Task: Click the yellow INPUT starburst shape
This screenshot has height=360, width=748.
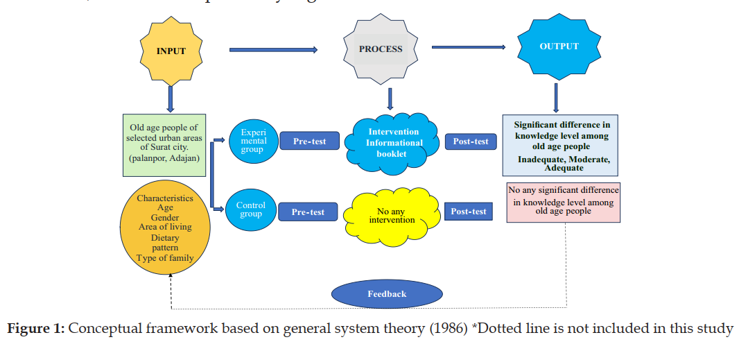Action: (171, 51)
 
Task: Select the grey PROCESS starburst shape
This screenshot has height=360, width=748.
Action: (380, 49)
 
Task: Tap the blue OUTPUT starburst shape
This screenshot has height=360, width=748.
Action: (559, 47)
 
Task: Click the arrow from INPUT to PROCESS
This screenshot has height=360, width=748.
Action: (273, 49)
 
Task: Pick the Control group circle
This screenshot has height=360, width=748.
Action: (251, 209)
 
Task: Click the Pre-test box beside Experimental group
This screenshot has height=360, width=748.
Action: (309, 142)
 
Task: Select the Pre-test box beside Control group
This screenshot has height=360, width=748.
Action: (308, 212)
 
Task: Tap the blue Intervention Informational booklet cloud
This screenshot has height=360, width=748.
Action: (393, 142)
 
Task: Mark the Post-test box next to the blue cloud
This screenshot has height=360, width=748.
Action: (470, 142)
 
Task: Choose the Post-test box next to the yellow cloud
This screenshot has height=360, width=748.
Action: (469, 211)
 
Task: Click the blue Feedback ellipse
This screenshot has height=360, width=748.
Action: (387, 294)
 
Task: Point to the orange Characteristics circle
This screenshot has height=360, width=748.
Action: (164, 228)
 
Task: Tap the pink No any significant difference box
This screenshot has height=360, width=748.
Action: (563, 202)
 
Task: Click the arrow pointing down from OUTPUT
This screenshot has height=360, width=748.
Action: (556, 98)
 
